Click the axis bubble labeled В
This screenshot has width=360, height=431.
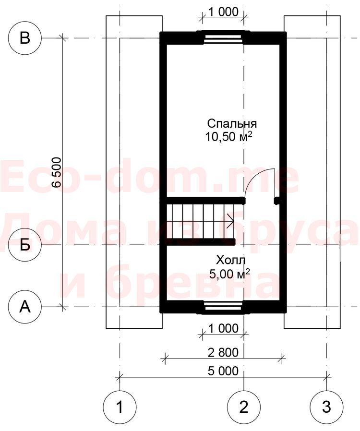pos(25,38)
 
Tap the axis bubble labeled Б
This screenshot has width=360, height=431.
pos(25,245)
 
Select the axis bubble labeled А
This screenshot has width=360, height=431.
pos(25,307)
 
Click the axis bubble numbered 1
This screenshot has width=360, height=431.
pos(120,407)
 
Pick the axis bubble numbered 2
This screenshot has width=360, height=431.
pos(244,407)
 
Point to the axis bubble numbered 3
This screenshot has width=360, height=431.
pos(326,407)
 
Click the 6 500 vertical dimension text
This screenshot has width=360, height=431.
pos(57,172)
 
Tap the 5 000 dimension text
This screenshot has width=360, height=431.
pos(223,371)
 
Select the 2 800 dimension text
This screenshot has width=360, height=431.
pos(223,352)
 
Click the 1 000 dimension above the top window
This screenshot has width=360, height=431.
pos(223,12)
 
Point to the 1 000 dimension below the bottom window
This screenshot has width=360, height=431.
pos(223,328)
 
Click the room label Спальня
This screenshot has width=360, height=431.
pos(232,124)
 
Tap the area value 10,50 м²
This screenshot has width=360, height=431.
pos(228,137)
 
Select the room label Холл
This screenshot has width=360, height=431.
pos(231,260)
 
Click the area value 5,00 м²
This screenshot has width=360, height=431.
pos(229,274)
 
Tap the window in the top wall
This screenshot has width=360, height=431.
pos(223,38)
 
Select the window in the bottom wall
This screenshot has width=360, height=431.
pos(223,307)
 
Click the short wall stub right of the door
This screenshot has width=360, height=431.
pos(277,201)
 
